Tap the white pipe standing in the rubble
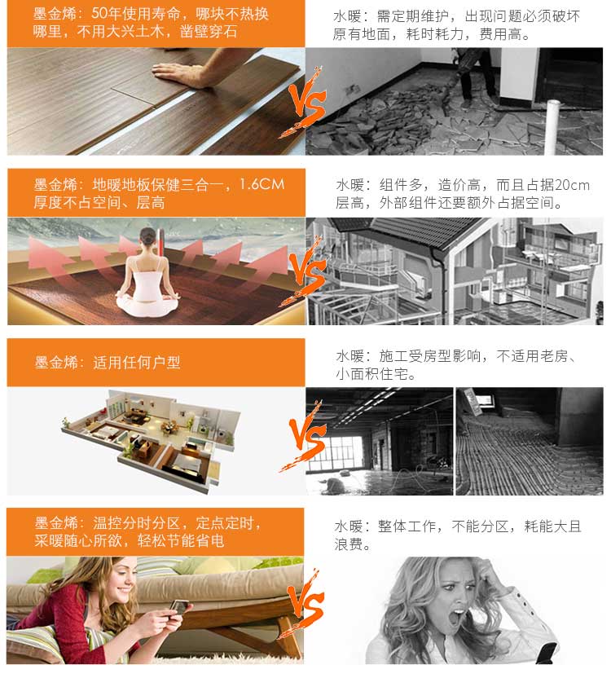(553, 127)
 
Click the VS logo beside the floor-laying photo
(305, 103)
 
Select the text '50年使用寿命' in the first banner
(136, 14)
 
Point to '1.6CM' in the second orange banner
(262, 184)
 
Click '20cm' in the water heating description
(572, 185)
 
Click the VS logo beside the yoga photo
(305, 271)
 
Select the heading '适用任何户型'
(137, 363)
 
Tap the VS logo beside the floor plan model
(305, 436)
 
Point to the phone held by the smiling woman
(180, 607)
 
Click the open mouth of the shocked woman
(458, 616)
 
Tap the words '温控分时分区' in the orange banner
(137, 522)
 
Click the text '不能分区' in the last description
(480, 526)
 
